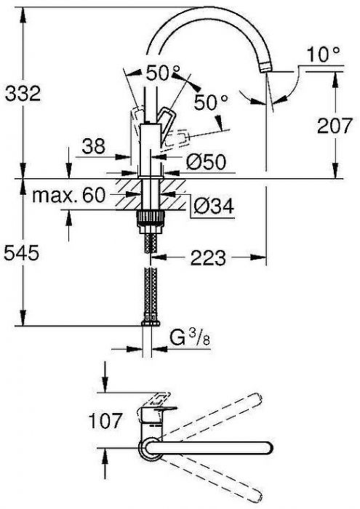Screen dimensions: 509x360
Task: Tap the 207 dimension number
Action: tap(335, 126)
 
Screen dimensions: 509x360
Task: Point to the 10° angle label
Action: tap(323, 55)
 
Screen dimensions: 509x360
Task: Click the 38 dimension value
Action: tap(95, 145)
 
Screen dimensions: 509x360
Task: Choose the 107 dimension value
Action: tap(102, 419)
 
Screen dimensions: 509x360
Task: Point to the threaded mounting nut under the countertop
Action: tap(151, 217)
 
